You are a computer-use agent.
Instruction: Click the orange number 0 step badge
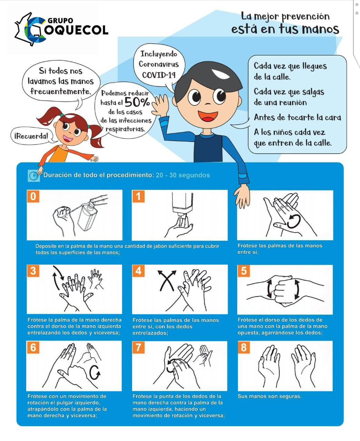[x=33, y=196]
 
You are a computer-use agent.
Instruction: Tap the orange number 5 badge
[x=244, y=271]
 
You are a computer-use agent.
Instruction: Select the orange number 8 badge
[x=244, y=347]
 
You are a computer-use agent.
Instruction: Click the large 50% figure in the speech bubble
[x=137, y=102]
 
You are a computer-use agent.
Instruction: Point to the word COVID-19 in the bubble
[x=159, y=75]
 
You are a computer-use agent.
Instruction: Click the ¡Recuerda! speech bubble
[x=31, y=136]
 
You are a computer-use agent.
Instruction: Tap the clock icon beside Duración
[x=34, y=176]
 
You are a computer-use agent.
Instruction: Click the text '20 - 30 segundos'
[x=183, y=175]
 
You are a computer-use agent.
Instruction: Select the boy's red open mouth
[x=208, y=116]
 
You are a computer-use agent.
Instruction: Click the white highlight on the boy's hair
[x=220, y=74]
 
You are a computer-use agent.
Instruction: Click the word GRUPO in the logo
[x=60, y=21]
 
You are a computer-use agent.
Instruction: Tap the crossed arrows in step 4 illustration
[x=167, y=280]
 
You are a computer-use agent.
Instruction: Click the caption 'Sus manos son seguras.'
[x=269, y=396]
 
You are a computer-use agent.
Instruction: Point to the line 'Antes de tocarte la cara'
[x=298, y=117]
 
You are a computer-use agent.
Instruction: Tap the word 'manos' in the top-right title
[x=321, y=29]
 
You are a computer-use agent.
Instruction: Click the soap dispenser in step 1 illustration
[x=182, y=205]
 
